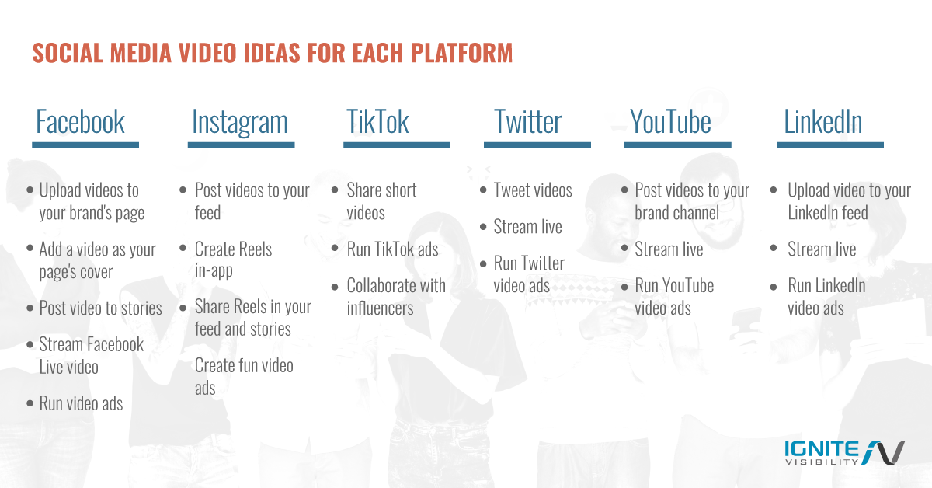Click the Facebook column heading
pyautogui.click(x=80, y=122)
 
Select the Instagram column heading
pyautogui.click(x=239, y=122)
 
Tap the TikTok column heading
pyautogui.click(x=377, y=122)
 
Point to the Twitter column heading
pyautogui.click(x=528, y=122)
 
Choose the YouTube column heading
pyautogui.click(x=670, y=122)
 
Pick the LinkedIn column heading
pyautogui.click(x=823, y=122)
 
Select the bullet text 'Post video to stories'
pyautogui.click(x=100, y=308)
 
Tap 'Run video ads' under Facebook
pyautogui.click(x=81, y=403)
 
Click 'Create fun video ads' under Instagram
pyautogui.click(x=244, y=376)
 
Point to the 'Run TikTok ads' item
pyautogui.click(x=392, y=249)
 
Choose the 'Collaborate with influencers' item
pyautogui.click(x=396, y=296)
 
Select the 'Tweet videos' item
pyautogui.click(x=532, y=190)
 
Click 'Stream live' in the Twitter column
pyautogui.click(x=527, y=227)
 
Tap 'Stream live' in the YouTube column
pyautogui.click(x=669, y=249)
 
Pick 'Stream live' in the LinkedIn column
pyautogui.click(x=822, y=249)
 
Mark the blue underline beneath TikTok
pyautogui.click(x=397, y=145)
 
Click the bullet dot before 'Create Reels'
pyautogui.click(x=184, y=249)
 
